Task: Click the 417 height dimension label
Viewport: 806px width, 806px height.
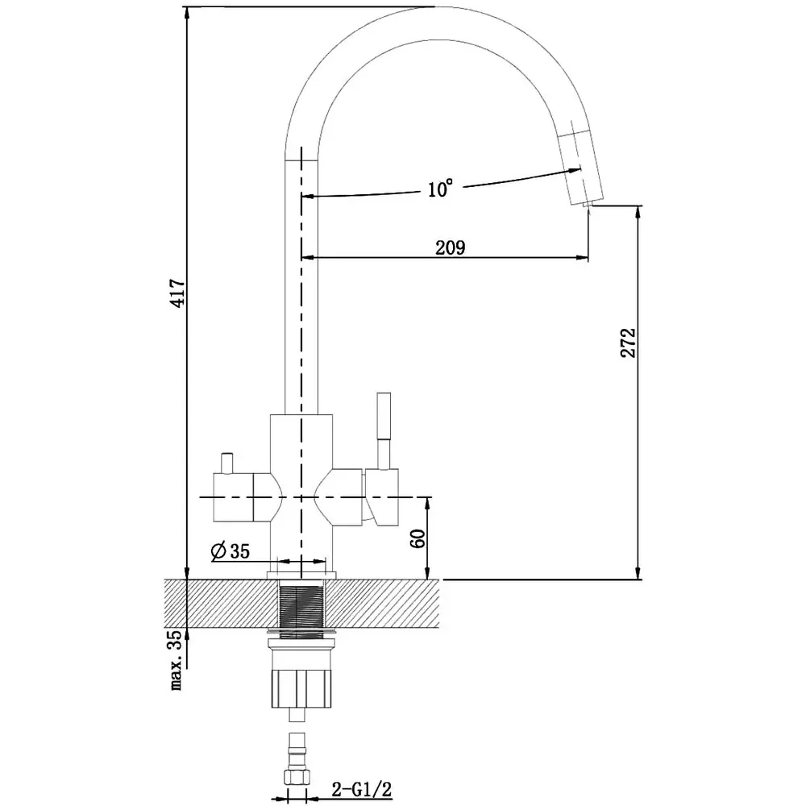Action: click(x=178, y=293)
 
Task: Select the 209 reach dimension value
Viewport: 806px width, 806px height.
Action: click(x=451, y=247)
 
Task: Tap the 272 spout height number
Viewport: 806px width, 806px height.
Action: click(x=628, y=343)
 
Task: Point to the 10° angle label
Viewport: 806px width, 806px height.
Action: click(x=441, y=189)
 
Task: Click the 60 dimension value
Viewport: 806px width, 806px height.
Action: click(x=418, y=538)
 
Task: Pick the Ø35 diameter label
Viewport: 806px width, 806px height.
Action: click(x=230, y=551)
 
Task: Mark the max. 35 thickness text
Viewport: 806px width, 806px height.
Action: click(x=177, y=660)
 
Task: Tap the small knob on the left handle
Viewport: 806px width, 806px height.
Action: click(x=226, y=463)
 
